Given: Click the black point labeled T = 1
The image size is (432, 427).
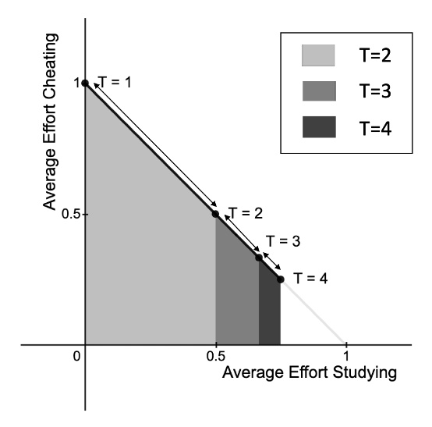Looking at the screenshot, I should click(x=85, y=82).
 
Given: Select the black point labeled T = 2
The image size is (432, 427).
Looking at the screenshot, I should click(x=215, y=213).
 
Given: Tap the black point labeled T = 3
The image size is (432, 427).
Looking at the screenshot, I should click(x=259, y=257).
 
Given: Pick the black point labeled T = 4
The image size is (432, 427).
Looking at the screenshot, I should click(x=280, y=279).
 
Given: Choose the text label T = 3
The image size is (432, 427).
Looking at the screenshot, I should click(x=282, y=241).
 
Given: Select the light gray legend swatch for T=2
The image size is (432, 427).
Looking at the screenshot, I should click(x=318, y=56).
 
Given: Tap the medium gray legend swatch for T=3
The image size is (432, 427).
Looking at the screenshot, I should click(x=318, y=91).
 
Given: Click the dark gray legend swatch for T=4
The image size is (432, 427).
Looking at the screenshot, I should click(x=318, y=126).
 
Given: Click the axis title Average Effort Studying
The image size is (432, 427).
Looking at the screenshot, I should click(x=310, y=373).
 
